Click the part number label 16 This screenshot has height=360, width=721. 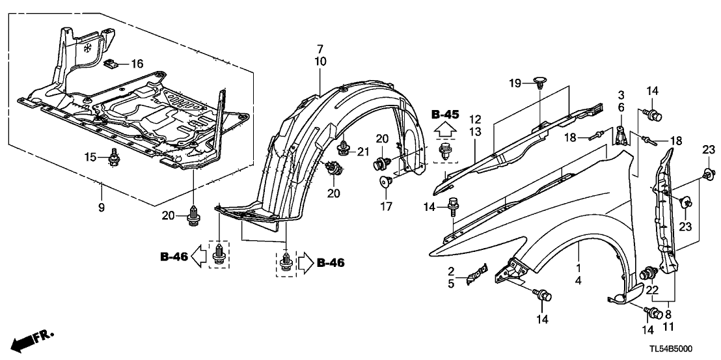coord(137,64)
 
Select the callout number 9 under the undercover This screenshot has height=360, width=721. coord(102,189)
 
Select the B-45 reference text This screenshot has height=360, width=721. coord(445,115)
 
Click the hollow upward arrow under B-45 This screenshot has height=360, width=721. coord(445,132)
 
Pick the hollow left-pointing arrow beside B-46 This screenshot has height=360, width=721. coord(202,258)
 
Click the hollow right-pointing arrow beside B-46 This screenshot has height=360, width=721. coord(305,263)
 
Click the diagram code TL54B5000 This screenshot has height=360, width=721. coord(681,348)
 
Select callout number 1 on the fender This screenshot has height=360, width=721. coord(577,268)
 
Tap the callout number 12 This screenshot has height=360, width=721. coord(476,119)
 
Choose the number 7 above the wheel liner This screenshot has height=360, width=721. coord(320,49)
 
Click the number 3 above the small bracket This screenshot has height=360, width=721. coord(621,95)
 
